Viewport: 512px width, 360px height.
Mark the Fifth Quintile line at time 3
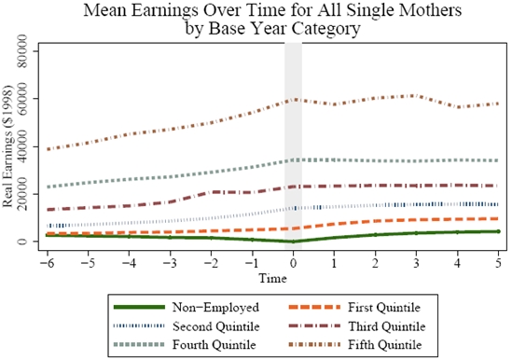(416, 95)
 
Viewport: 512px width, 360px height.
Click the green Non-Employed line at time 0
(293, 242)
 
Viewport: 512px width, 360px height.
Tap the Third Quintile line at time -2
(211, 192)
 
